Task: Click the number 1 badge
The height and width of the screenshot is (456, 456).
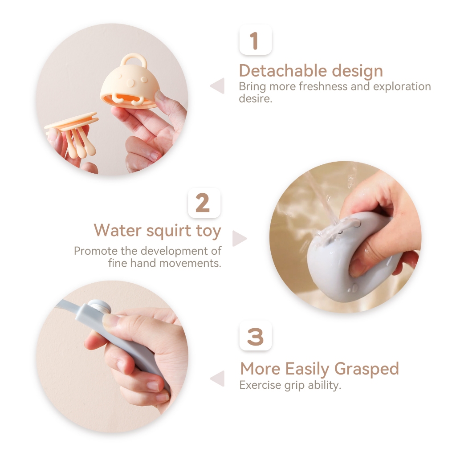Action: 255,40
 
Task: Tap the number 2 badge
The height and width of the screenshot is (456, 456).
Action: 204,203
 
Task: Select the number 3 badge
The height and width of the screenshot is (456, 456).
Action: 255,336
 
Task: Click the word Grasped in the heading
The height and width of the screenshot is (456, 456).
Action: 366,369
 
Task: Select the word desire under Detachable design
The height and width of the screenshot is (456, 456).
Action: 255,98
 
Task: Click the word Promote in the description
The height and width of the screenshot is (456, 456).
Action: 96,251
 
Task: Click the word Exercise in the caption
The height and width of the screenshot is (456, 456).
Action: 260,385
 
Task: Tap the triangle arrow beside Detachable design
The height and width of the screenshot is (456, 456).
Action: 217,86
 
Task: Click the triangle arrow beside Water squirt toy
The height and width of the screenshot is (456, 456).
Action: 240,239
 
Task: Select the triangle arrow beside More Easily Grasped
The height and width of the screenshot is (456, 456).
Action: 217,379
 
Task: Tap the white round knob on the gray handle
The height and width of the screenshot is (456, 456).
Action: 100,307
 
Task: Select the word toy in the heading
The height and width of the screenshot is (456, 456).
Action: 208,231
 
